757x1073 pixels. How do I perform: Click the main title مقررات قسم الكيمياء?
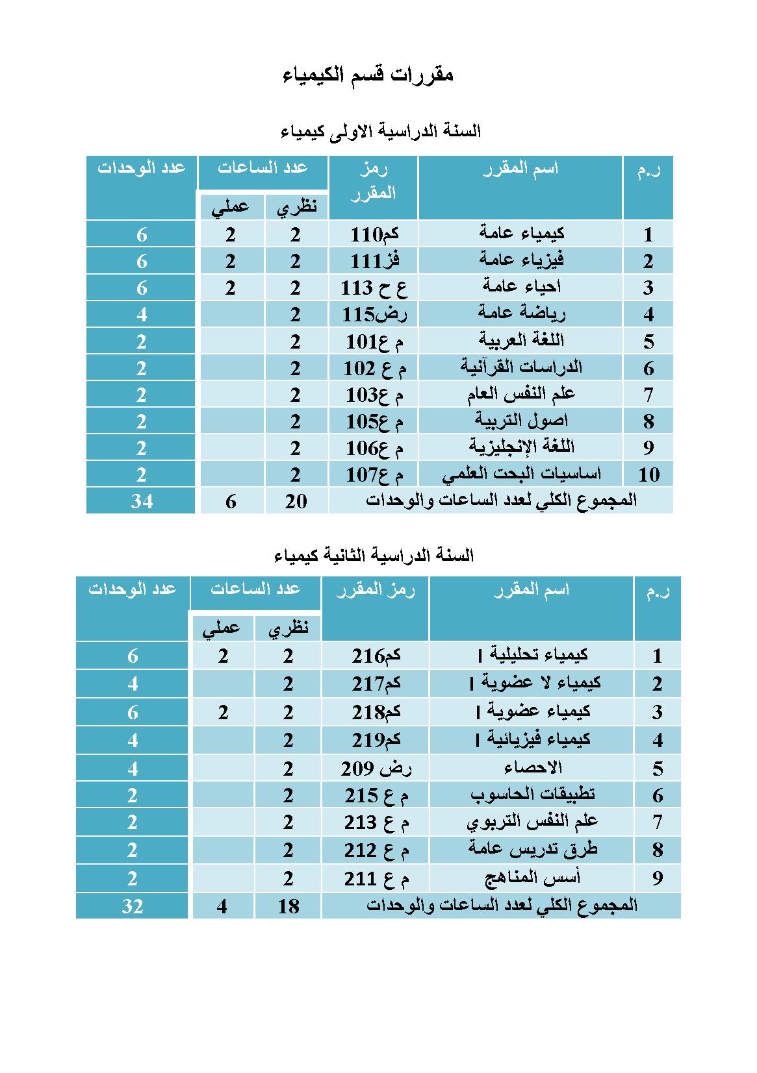[368, 75]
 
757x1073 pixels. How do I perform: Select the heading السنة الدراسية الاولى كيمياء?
[381, 132]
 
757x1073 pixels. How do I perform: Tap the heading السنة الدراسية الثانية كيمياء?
[374, 556]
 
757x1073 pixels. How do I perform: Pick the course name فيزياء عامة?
[522, 260]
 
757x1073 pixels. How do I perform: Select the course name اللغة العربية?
[522, 341]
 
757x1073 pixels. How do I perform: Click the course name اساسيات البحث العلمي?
[522, 475]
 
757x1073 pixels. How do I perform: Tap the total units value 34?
[141, 501]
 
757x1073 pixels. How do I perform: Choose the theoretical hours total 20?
[296, 501]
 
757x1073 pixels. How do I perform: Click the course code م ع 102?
[375, 369]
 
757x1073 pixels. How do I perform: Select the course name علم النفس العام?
[522, 395]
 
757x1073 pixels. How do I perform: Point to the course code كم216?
[376, 656]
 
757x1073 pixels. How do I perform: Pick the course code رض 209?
[376, 769]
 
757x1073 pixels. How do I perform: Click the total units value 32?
[133, 906]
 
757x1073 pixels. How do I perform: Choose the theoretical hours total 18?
[288, 906]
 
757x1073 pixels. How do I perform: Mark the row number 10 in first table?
[648, 475]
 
